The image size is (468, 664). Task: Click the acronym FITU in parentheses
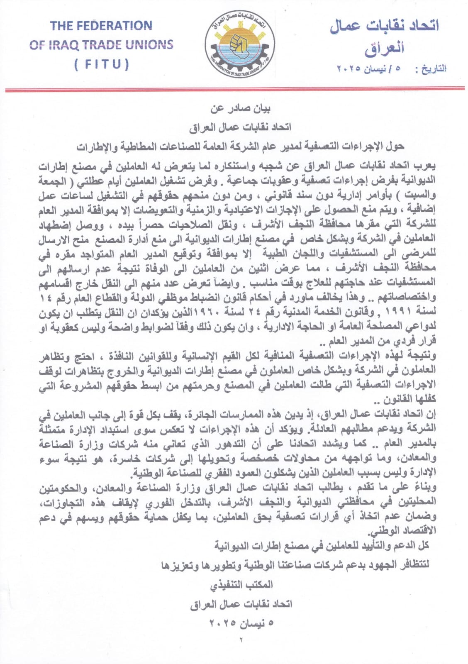(102, 65)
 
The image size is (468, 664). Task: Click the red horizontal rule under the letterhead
(234, 90)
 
